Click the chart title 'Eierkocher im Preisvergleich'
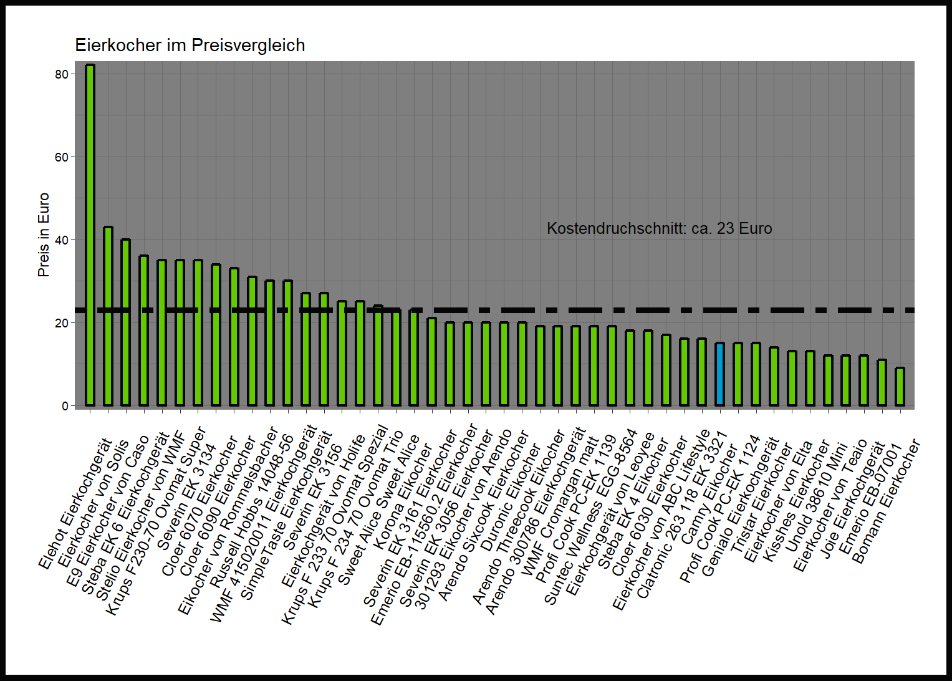[190, 46]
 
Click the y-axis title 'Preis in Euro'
[43, 234]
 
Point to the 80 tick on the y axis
[61, 74]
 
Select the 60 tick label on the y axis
[61, 157]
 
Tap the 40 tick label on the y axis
[61, 240]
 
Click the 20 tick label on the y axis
[61, 323]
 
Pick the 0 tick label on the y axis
[65, 406]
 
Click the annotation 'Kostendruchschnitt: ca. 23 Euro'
[659, 229]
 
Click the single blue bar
[720, 374]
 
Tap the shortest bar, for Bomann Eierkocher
[900, 387]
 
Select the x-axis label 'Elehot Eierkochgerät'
[75, 504]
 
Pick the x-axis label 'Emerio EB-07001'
[870, 499]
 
